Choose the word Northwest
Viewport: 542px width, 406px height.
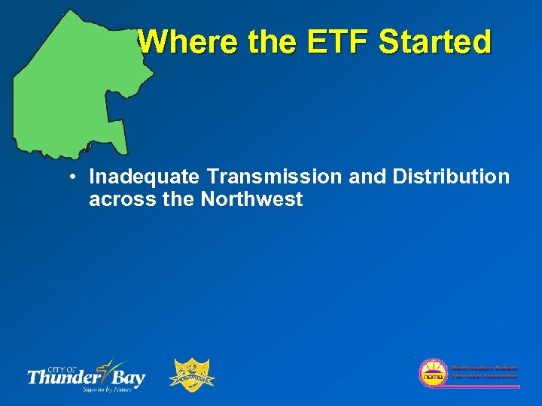point(251,199)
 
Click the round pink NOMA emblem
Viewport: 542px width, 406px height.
point(433,372)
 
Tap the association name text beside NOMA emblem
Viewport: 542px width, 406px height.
point(483,371)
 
